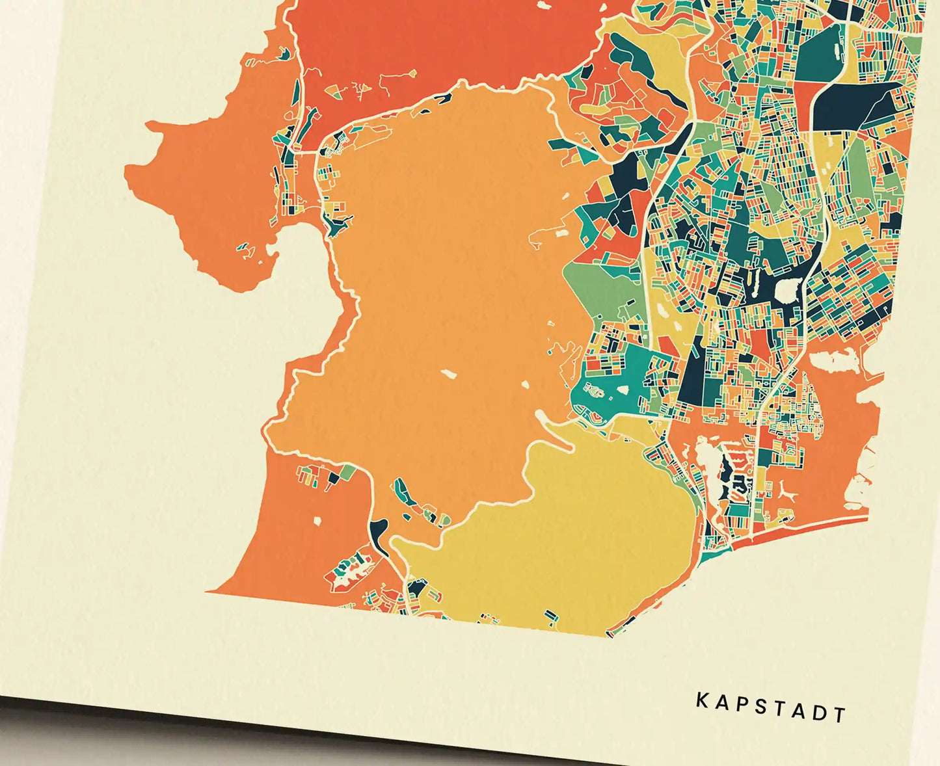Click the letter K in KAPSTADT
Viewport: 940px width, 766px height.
point(702,700)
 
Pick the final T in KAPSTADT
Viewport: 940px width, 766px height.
point(840,715)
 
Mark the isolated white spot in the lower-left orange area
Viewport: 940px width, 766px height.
point(318,521)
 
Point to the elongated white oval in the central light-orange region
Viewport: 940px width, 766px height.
point(448,374)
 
